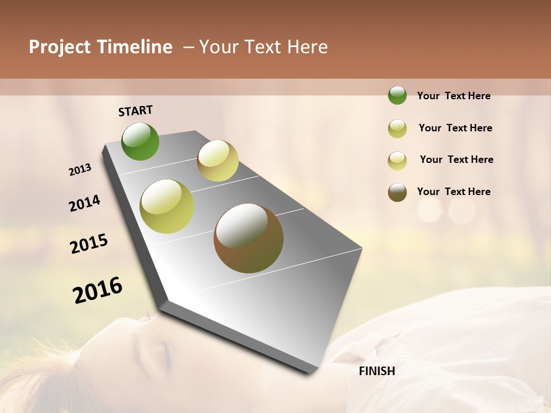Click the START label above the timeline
135,111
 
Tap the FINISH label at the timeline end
377,371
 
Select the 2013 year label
80,170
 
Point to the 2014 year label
84,204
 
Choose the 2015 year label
89,244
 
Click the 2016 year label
98,290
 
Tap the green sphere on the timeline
140,142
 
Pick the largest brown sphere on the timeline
249,238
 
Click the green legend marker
397,96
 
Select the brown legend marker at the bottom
397,192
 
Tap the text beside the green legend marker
453,96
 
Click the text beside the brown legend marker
453,192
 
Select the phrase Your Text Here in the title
263,47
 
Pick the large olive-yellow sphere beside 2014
167,206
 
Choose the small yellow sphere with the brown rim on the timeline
218,161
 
